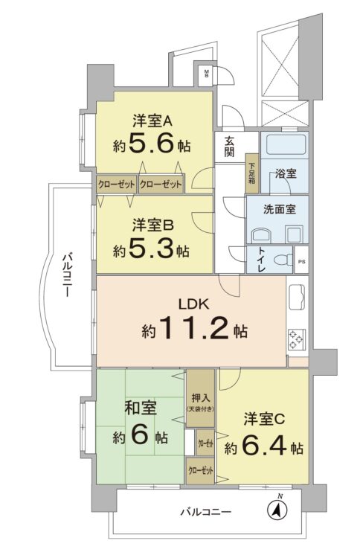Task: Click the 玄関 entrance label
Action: click(229, 148)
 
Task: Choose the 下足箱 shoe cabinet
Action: click(252, 173)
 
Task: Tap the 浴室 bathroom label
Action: click(286, 173)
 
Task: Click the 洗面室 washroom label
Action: click(280, 209)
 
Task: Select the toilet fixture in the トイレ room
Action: click(280, 260)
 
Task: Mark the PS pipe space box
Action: click(302, 262)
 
